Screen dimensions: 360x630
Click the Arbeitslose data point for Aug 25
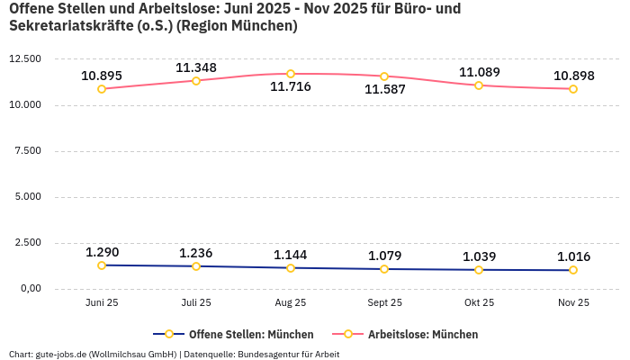point(291,74)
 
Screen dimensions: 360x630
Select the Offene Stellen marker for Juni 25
point(102,265)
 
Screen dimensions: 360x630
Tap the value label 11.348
point(196,67)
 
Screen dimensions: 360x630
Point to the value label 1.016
point(573,256)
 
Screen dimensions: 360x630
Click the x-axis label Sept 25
point(385,303)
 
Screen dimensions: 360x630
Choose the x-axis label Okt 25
point(479,303)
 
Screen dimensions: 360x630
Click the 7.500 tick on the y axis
point(24,151)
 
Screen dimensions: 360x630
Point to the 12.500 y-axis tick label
point(24,59)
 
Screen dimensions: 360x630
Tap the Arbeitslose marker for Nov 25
point(573,89)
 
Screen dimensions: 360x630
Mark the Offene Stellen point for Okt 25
point(479,270)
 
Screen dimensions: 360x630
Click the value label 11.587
point(385,90)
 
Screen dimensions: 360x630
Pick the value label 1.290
point(102,252)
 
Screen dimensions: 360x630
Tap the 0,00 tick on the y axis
point(28,289)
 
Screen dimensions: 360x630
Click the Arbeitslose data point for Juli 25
point(196,81)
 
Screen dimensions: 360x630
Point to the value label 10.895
point(102,76)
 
